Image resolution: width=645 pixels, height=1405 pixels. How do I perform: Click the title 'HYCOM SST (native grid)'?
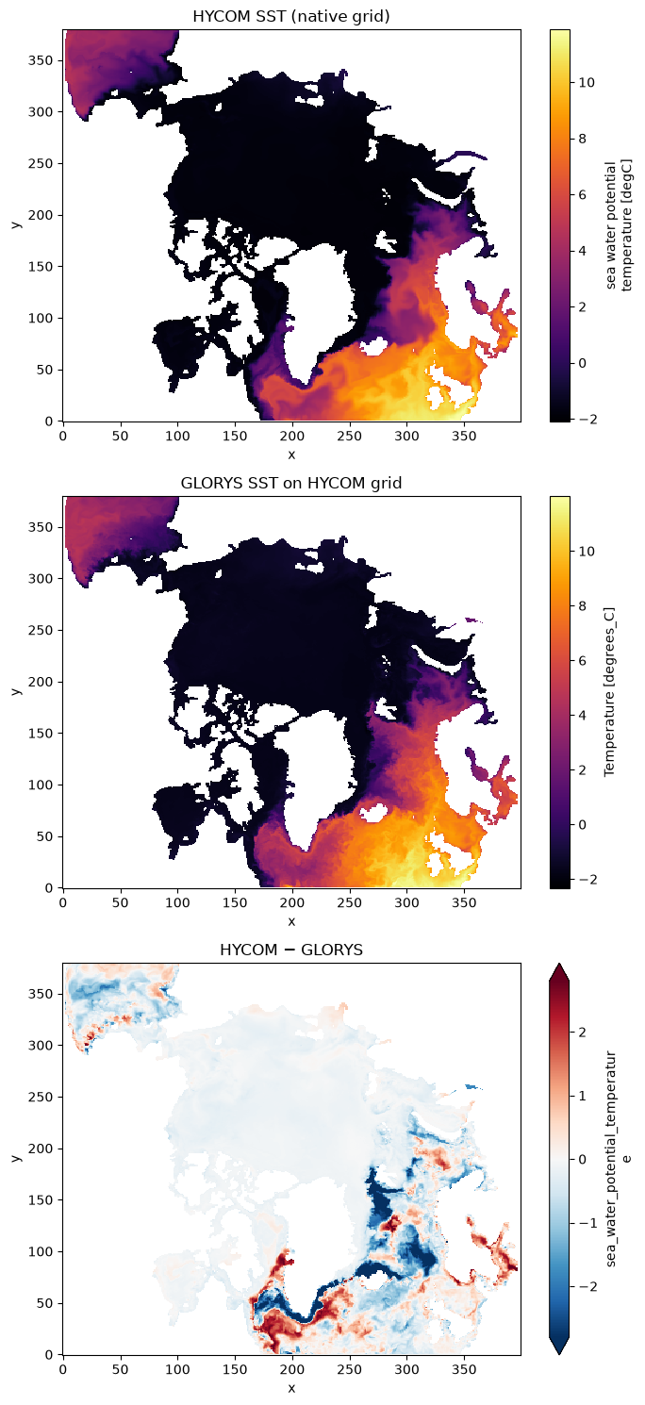[x=291, y=16]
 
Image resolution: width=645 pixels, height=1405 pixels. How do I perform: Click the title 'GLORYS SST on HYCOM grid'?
[x=291, y=483]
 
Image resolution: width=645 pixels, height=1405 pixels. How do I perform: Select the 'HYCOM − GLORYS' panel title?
[x=291, y=950]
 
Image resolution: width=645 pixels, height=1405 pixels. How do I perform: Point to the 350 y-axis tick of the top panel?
[x=45, y=61]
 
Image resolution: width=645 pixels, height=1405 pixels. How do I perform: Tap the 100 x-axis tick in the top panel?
[x=177, y=436]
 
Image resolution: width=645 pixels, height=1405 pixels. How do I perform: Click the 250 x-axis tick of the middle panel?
[x=350, y=902]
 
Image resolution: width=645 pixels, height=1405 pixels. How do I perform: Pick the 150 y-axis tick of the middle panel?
[x=45, y=734]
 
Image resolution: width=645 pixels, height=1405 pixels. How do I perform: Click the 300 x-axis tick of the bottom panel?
[x=406, y=1369]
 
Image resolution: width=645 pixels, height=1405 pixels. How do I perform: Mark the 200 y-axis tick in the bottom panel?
[x=45, y=1149]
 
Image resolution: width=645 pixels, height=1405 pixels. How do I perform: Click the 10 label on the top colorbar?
[x=586, y=83]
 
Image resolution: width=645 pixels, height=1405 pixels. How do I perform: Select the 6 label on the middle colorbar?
[x=582, y=660]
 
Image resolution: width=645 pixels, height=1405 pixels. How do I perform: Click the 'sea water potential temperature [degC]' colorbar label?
[x=619, y=225]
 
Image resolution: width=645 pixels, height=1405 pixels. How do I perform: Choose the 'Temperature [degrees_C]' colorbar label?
[x=609, y=692]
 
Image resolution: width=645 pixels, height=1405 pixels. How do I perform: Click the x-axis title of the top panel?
[x=291, y=455]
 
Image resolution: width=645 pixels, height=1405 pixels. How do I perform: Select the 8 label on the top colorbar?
[x=582, y=139]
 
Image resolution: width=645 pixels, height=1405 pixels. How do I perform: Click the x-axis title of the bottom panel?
[x=291, y=1387]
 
